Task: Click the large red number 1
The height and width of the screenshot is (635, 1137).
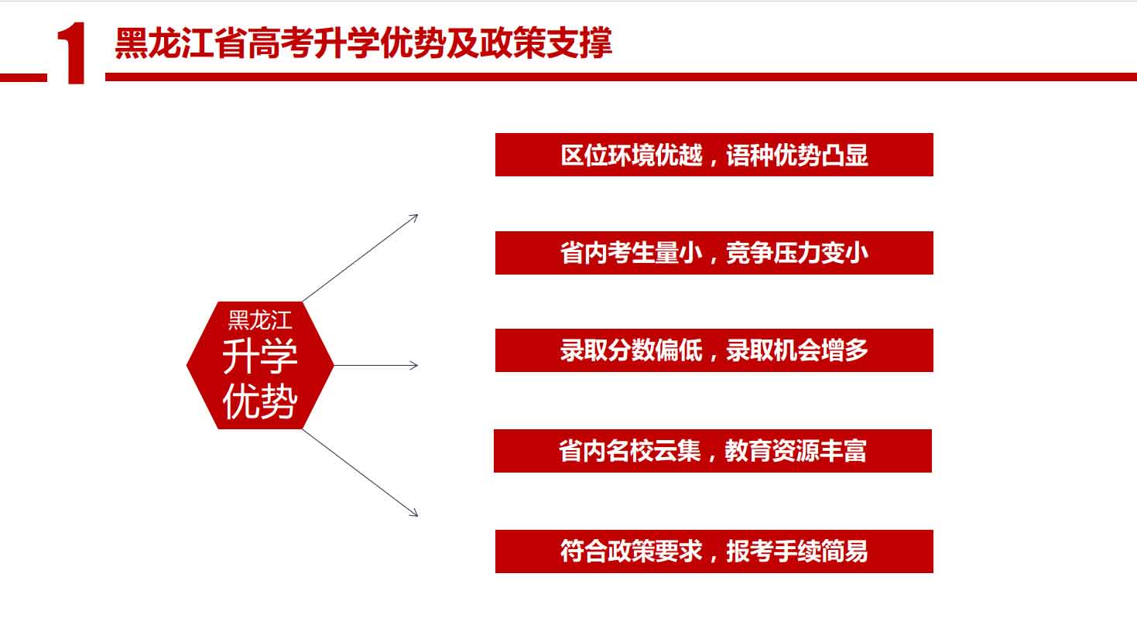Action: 72,53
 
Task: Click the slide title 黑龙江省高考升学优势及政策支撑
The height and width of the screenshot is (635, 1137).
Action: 364,43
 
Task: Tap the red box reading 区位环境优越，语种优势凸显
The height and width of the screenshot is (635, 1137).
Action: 714,155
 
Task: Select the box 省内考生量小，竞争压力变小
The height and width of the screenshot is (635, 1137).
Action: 714,253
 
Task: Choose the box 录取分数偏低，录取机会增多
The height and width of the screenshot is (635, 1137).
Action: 714,350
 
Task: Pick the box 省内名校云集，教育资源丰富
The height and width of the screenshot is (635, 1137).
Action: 713,451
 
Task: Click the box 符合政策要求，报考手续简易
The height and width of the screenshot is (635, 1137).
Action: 714,551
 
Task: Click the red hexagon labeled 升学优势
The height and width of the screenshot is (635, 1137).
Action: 260,365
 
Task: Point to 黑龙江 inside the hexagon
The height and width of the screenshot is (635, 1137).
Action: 260,320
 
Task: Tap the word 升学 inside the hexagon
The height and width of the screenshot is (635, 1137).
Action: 260,357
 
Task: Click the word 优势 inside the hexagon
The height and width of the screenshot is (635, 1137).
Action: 260,401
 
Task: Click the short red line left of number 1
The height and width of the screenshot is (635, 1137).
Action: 23,77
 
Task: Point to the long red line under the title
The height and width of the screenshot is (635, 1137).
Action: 621,77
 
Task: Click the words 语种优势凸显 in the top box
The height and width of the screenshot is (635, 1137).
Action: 797,155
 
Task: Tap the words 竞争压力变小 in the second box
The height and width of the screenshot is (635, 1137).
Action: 797,253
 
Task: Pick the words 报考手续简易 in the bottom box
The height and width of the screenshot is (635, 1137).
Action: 797,551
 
